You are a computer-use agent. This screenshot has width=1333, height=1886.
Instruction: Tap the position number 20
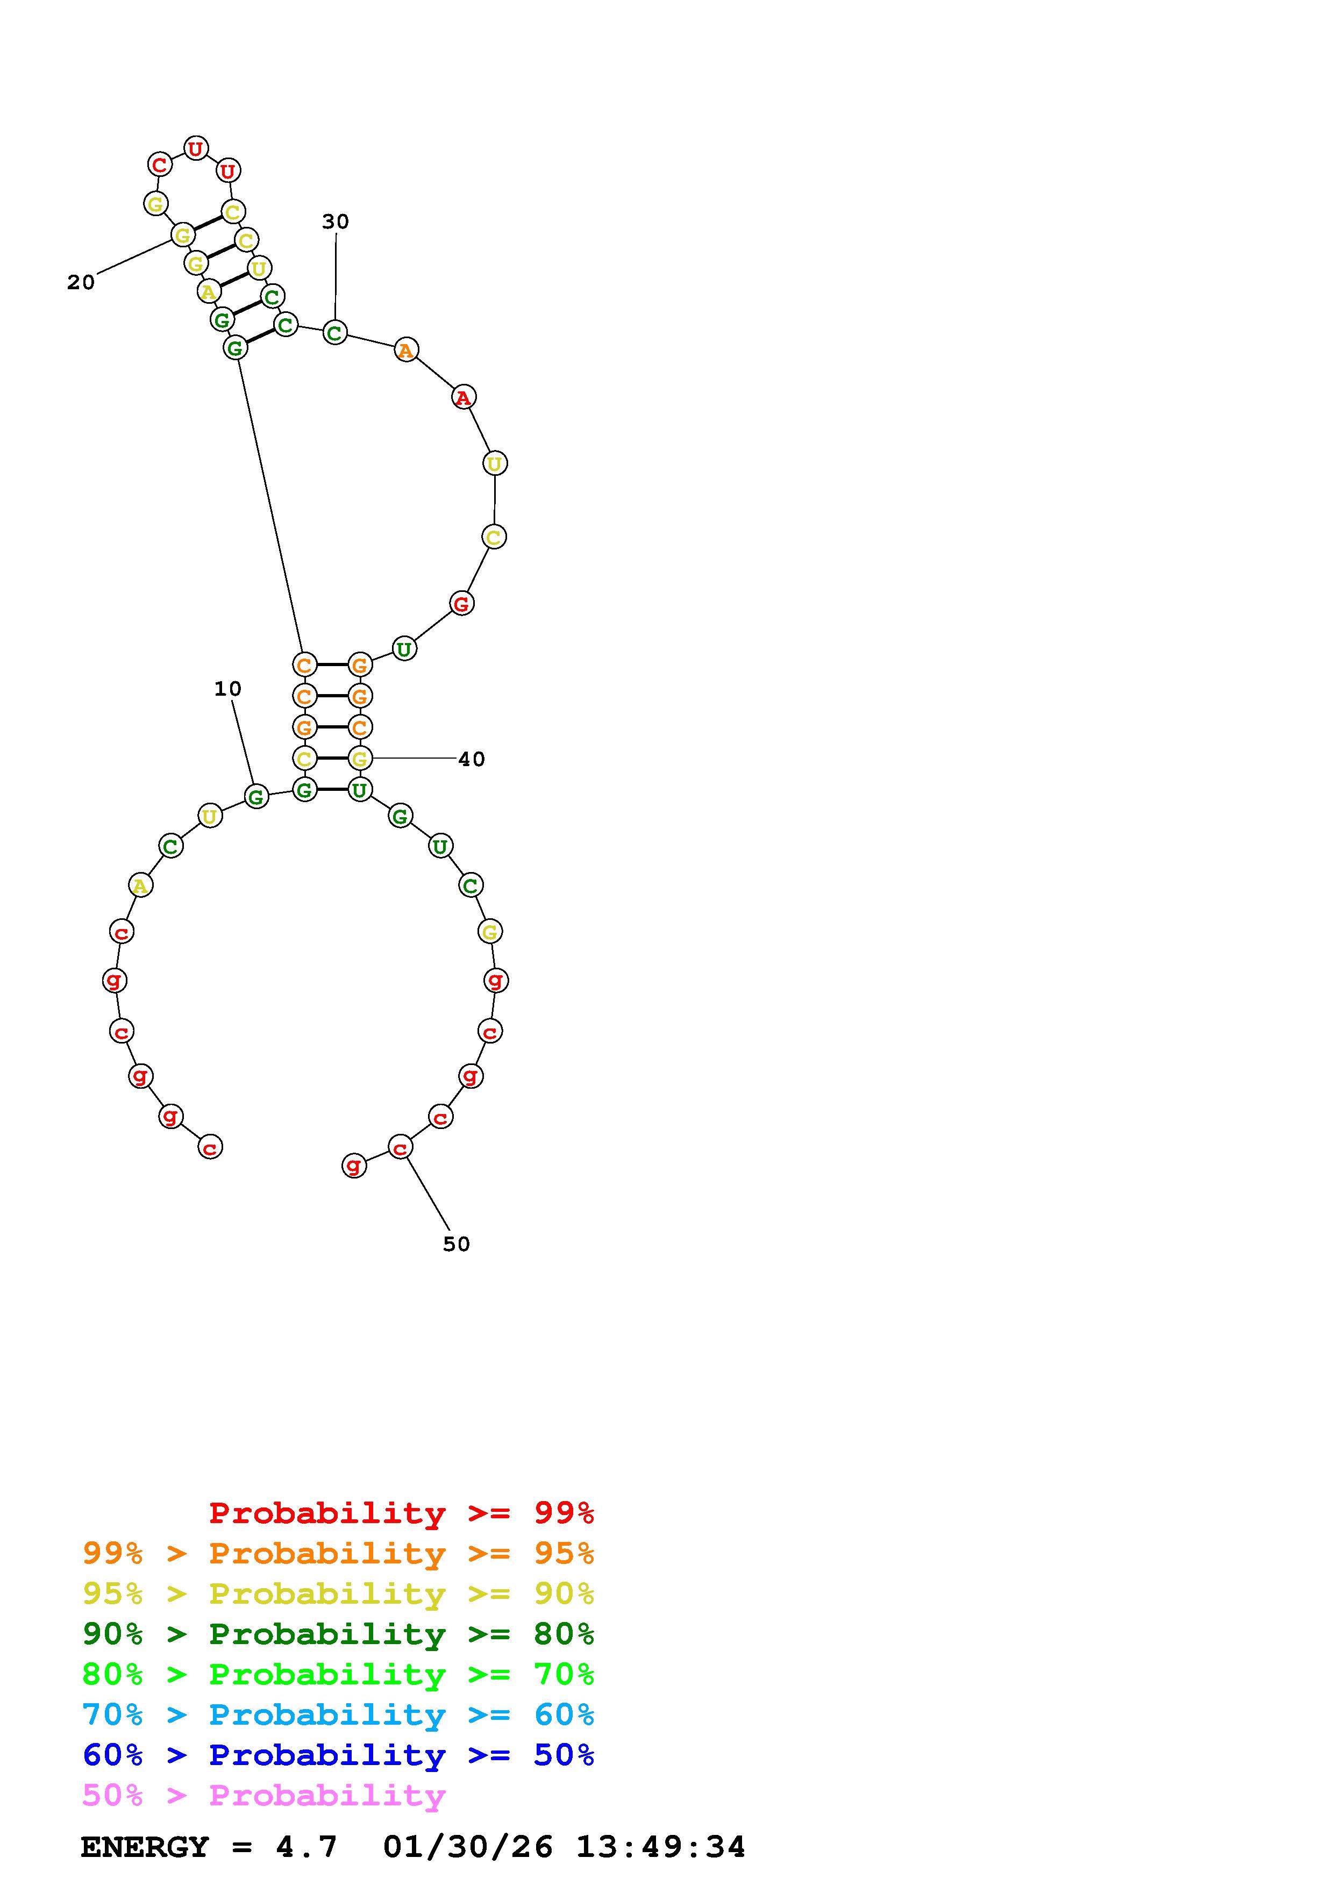(81, 283)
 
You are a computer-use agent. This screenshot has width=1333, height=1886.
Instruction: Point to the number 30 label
(335, 222)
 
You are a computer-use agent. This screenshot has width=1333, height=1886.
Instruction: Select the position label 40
(472, 759)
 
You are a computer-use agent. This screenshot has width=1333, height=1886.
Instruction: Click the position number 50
(457, 1245)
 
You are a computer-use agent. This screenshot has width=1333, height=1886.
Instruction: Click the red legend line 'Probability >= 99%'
(402, 1513)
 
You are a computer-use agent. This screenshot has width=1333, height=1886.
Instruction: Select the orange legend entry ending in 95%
(338, 1553)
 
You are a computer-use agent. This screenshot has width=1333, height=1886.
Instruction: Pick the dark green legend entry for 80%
(338, 1634)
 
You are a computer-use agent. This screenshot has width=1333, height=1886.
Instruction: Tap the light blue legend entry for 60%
(338, 1714)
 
